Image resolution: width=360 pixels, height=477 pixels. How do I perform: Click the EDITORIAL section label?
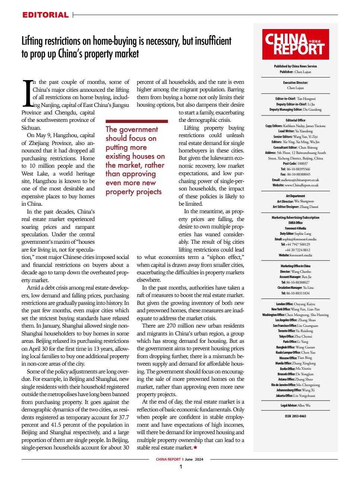[x=45, y=15]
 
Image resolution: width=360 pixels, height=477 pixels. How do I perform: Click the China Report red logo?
[x=295, y=44]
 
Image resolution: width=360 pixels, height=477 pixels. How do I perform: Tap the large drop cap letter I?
[x=27, y=92]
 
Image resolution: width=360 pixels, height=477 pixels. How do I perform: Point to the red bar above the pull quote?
[x=137, y=121]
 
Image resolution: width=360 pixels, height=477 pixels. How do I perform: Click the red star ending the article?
[x=195, y=447]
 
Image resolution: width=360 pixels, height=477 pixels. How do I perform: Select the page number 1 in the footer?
[x=181, y=467]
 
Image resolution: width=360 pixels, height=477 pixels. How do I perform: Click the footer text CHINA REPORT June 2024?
[x=180, y=459]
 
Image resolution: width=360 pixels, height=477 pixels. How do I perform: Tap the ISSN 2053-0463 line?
[x=295, y=416]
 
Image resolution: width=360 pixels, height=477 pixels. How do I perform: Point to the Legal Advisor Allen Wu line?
[x=295, y=405]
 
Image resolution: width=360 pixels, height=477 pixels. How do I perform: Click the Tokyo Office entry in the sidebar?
[x=295, y=336]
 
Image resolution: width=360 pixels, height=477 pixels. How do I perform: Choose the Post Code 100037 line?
[x=295, y=164]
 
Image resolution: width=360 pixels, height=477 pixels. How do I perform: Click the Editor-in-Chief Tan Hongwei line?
[x=295, y=99]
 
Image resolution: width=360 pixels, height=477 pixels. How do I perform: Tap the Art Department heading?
[x=295, y=196]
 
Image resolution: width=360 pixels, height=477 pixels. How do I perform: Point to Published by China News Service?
[x=295, y=66]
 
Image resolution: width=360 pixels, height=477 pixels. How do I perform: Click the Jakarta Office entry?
[x=295, y=396]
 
